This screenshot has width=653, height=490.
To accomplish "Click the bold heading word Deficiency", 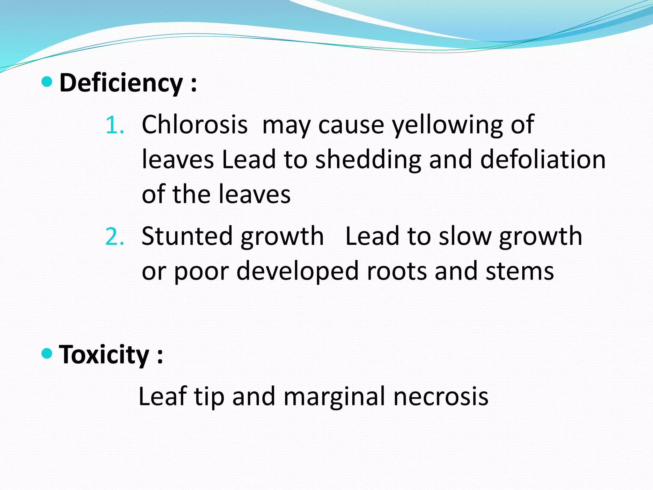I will (121, 83).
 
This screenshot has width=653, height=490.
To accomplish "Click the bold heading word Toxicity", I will (104, 355).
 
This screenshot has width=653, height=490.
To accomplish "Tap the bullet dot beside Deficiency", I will (47, 82).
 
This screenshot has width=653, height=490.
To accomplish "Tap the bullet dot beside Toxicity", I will (47, 353).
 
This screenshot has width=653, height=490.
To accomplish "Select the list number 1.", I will (114, 125).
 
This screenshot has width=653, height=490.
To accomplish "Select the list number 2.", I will (114, 237).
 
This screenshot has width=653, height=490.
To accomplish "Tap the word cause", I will (351, 125).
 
